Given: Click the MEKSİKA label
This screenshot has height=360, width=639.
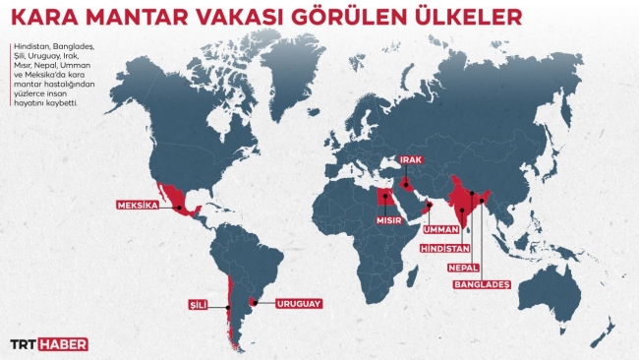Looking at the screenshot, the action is pos(138,207).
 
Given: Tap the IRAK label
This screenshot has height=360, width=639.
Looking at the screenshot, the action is pos(409,161).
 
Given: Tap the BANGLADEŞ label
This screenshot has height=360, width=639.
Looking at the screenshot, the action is pos(482,284).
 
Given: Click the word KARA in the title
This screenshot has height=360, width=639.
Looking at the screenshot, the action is pos(45,19).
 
